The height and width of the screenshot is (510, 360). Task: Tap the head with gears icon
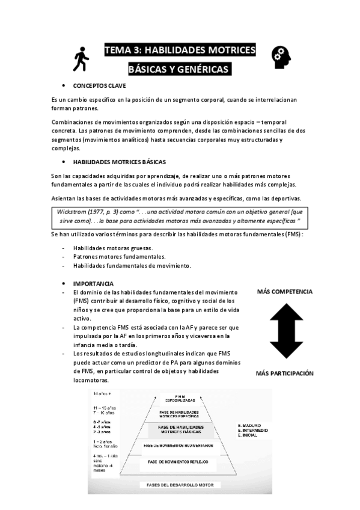tap(282, 57)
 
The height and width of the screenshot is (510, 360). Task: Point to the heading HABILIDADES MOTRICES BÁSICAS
tap(120, 162)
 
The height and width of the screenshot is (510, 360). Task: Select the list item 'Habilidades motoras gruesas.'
tap(112, 248)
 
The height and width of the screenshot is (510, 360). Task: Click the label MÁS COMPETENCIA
tap(284, 292)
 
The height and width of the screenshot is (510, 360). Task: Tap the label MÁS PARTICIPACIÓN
tap(284, 373)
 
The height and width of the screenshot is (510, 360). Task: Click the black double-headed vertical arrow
tap(285, 332)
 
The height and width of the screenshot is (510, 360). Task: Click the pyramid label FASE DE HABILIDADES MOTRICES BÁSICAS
tap(181, 429)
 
